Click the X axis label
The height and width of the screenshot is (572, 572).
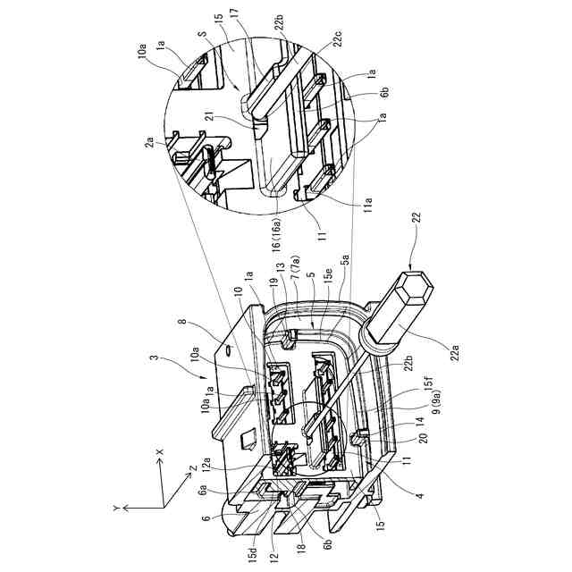(159, 452)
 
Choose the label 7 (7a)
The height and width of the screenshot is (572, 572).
(294, 265)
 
